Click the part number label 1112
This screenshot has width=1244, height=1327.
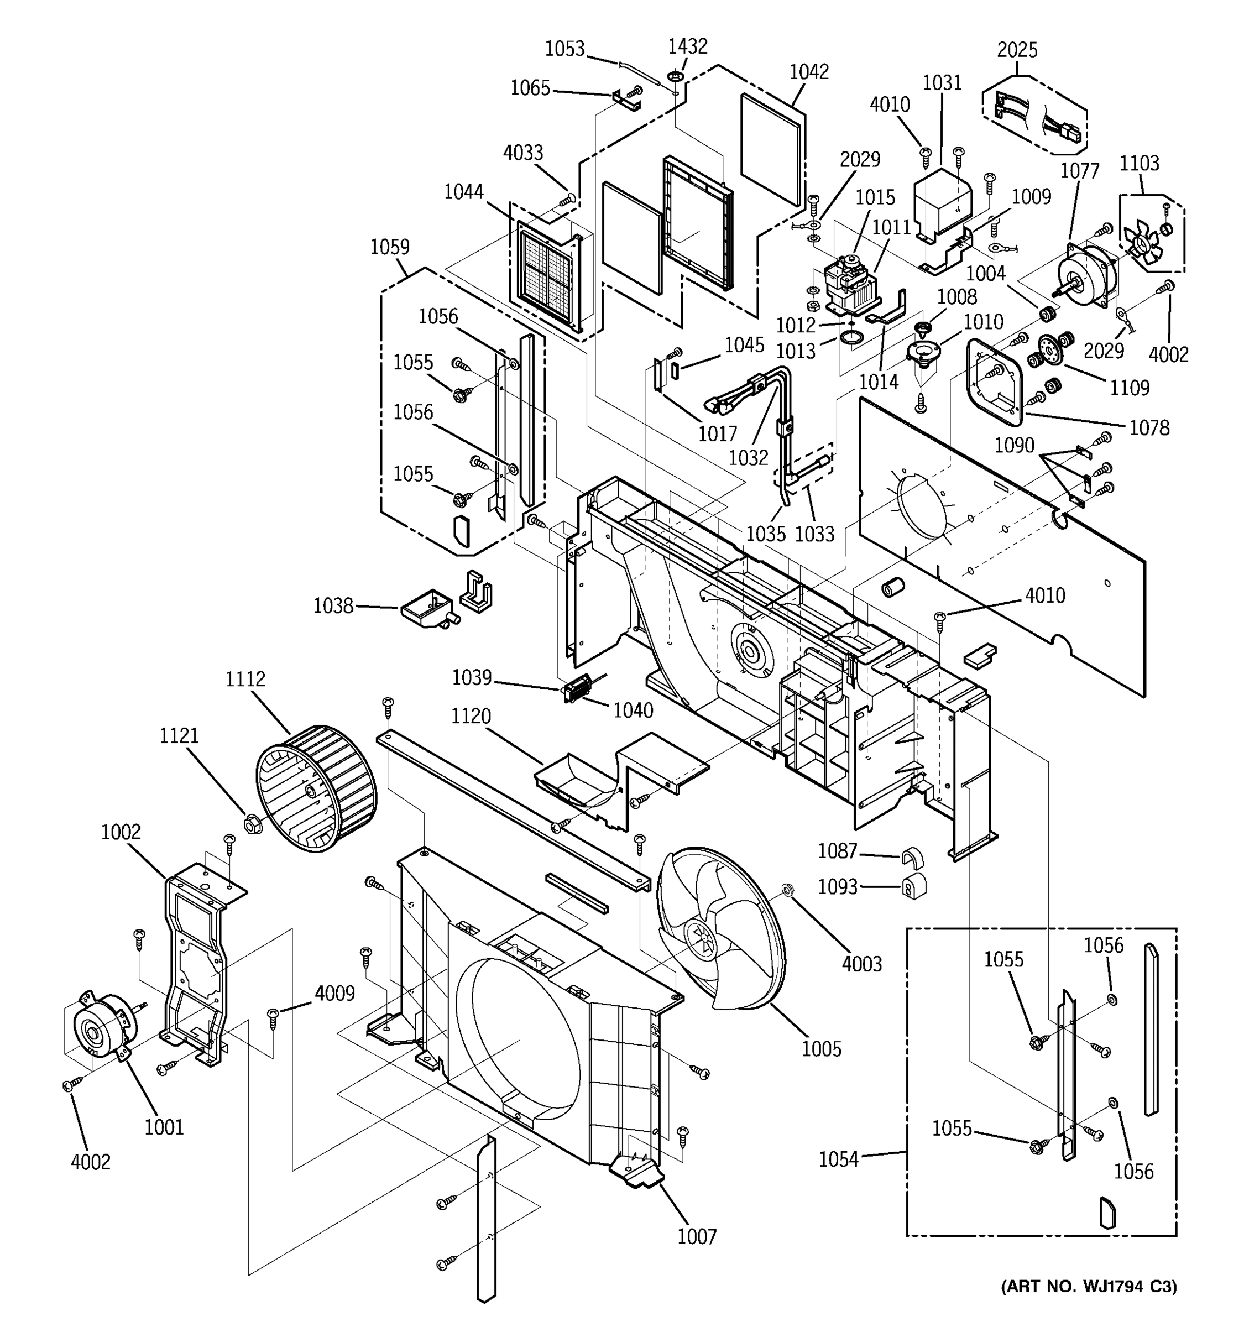[245, 679]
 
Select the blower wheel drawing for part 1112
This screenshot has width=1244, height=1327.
[316, 788]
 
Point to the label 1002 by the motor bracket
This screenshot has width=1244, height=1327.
[121, 832]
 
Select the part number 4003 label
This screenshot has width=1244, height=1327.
[861, 964]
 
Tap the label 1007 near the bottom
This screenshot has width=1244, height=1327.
[697, 1237]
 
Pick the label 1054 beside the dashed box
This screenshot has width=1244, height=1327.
[838, 1159]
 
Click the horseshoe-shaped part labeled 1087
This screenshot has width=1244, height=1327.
[912, 858]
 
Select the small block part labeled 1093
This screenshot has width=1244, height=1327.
[913, 885]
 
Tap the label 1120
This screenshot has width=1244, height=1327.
[471, 716]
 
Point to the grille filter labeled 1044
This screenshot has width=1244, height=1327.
[545, 276]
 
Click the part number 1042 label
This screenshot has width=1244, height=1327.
[809, 72]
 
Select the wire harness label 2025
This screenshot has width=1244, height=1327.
[1017, 50]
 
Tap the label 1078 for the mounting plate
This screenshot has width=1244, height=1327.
[1149, 428]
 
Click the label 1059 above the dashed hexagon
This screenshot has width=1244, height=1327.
[390, 247]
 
